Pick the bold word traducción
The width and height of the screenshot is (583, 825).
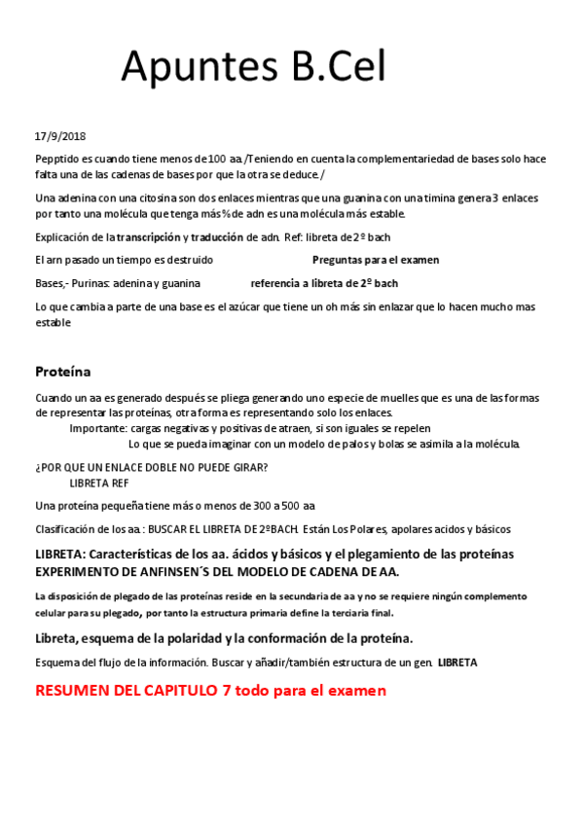tap(218, 237)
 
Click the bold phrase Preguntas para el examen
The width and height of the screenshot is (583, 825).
tap(375, 260)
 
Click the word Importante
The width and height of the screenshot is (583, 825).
tap(97, 428)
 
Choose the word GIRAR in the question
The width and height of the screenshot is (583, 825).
tap(249, 467)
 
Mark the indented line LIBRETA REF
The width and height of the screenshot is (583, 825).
tap(98, 483)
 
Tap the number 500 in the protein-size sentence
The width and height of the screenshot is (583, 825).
tap(290, 505)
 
